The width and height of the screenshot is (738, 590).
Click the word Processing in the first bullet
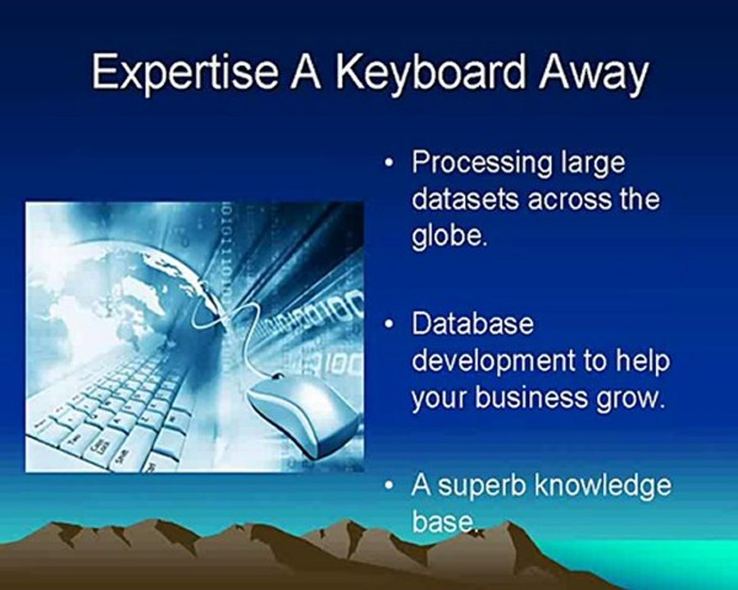pos(482,164)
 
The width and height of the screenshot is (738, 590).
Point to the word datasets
pos(466,199)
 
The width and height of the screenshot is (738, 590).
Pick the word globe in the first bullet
pos(447,236)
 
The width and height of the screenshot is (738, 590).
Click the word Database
pos(472,324)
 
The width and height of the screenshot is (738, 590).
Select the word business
pos(531,397)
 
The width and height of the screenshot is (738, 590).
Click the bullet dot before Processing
pos(389,164)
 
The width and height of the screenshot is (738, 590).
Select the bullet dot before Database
pos(389,325)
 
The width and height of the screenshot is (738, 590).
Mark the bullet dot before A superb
pos(389,486)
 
